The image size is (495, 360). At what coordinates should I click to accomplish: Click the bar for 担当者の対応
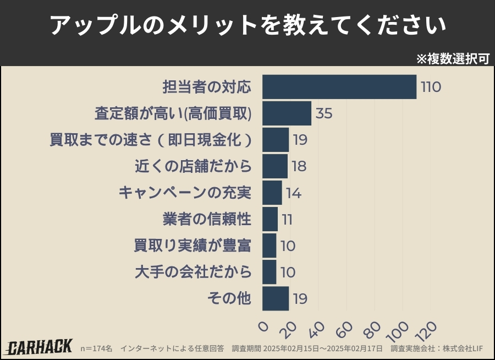[x=339, y=87]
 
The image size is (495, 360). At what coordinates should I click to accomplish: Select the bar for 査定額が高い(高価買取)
[x=287, y=113]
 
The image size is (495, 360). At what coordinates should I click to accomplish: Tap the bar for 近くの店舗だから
[x=274, y=166]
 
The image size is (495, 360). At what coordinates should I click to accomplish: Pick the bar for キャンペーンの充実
[x=272, y=193]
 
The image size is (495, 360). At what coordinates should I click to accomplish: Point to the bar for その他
[x=275, y=298]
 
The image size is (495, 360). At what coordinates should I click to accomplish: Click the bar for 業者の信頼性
[x=269, y=219]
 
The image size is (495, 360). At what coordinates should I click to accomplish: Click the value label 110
[x=431, y=87]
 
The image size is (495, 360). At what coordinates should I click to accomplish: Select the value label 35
[x=324, y=113]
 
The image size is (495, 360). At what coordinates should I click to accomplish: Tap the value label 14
[x=294, y=193]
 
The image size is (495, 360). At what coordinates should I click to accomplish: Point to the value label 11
[x=287, y=219]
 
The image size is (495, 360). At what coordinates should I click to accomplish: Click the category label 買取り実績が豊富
[x=193, y=246]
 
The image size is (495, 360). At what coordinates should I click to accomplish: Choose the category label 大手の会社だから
[x=193, y=272]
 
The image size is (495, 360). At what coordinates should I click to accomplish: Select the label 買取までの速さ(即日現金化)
[x=151, y=140]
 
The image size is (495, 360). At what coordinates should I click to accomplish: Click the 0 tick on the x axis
[x=263, y=327]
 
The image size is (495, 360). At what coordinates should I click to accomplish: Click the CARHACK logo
[x=39, y=347]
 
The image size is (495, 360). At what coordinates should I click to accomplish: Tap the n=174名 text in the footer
[x=96, y=348]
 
